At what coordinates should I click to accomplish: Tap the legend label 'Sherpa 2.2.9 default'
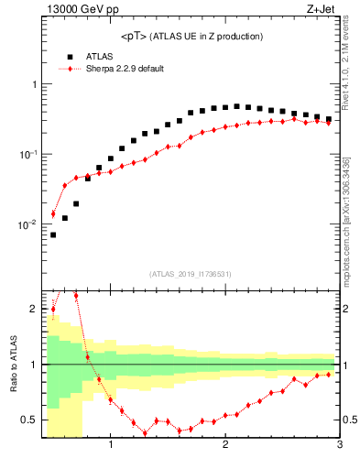click(124, 69)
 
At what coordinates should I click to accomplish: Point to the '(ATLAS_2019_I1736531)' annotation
click(190, 273)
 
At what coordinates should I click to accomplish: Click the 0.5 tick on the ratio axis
click(30, 420)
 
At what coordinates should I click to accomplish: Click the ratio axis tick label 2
click(35, 309)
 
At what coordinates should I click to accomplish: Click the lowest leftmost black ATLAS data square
click(53, 234)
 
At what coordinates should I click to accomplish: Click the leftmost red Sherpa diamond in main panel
click(53, 213)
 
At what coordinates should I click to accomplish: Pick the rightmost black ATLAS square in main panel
click(328, 119)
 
